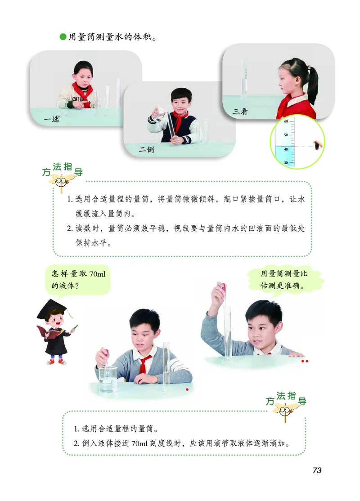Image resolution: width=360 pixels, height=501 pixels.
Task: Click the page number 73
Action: pyautogui.click(x=317, y=470)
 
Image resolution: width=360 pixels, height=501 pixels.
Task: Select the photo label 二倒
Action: pyautogui.click(x=146, y=150)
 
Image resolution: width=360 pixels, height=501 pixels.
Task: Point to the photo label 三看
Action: pyautogui.click(x=240, y=111)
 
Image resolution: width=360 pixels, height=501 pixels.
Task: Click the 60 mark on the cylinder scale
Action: pyautogui.click(x=286, y=121)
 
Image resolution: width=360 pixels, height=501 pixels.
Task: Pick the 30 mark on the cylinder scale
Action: pyautogui.click(x=286, y=162)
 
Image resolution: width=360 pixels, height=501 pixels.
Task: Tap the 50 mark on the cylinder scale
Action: pyautogui.click(x=286, y=135)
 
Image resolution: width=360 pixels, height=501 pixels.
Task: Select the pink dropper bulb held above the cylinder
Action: pyautogui.click(x=222, y=286)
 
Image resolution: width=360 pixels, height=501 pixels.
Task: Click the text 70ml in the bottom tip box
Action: pyautogui.click(x=143, y=442)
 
